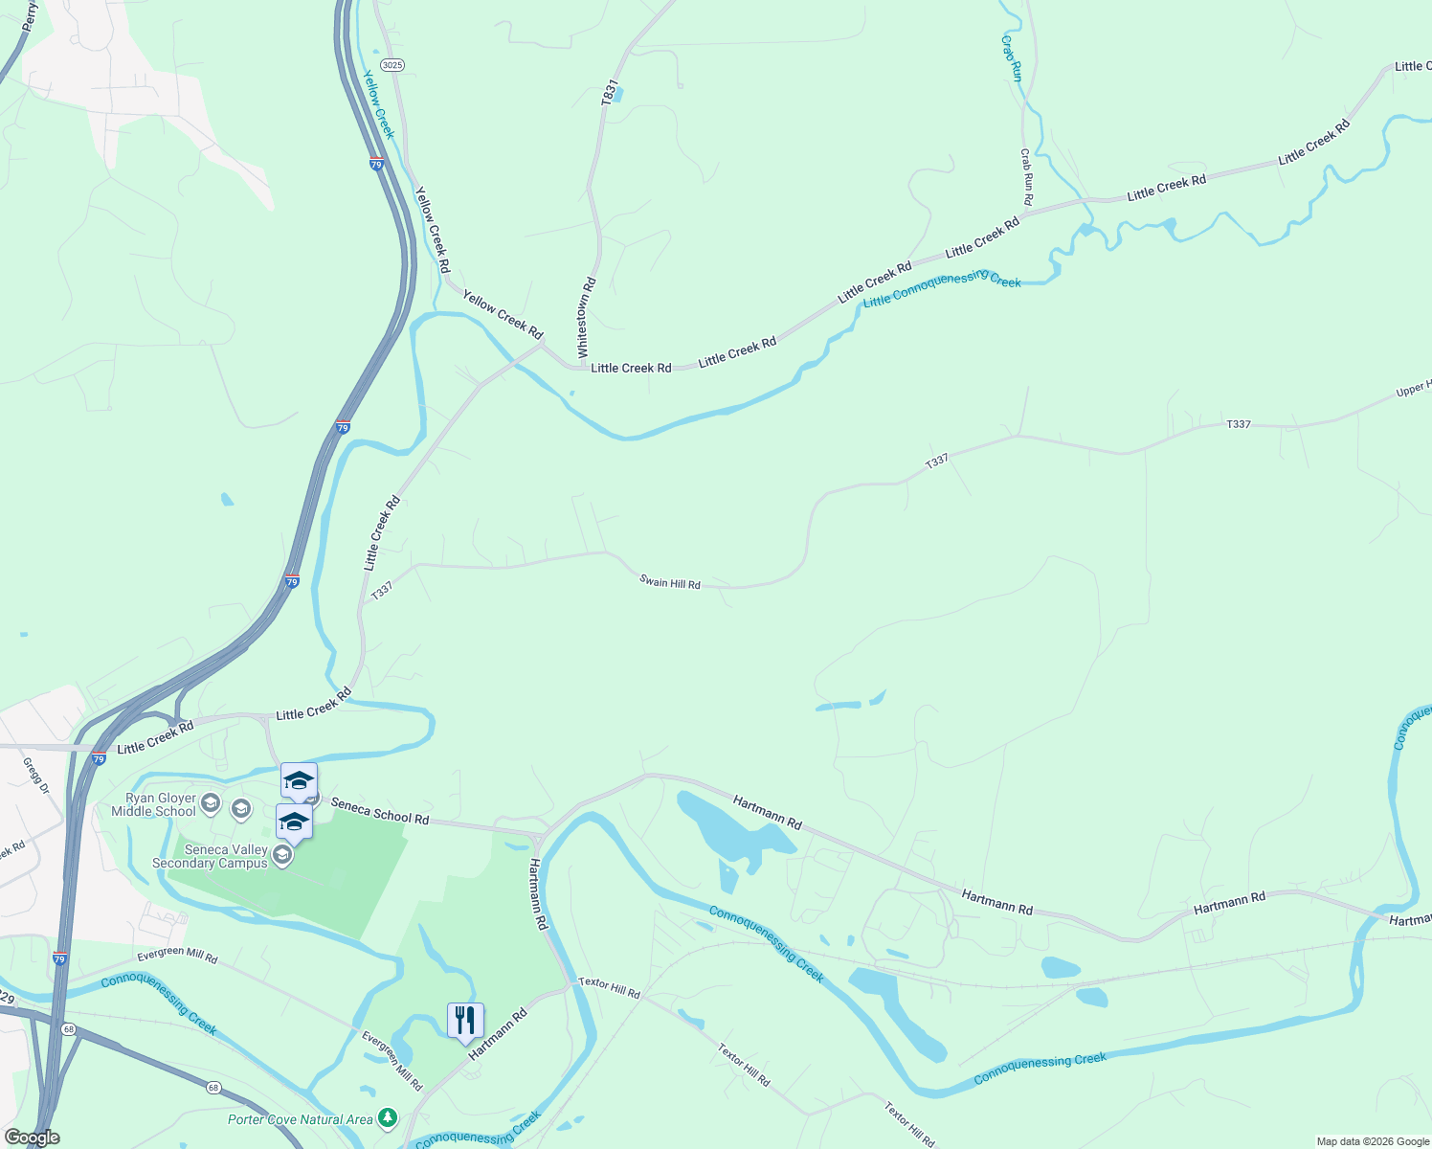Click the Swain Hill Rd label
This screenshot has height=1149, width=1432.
(x=670, y=583)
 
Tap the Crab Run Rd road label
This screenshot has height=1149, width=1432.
(x=1026, y=176)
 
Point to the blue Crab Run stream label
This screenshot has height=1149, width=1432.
(x=1012, y=58)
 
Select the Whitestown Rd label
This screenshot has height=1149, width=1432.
(x=586, y=318)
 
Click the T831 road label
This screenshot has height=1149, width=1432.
(x=608, y=92)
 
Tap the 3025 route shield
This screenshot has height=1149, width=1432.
(x=392, y=65)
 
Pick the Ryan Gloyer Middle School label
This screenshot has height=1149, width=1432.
(x=153, y=804)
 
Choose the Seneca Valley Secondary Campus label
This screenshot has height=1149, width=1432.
(x=210, y=856)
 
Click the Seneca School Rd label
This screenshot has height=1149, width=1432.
(x=380, y=811)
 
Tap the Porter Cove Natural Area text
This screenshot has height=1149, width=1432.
(x=301, y=1119)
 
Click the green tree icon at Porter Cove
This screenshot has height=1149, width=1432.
(x=388, y=1117)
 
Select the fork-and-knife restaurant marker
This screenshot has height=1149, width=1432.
(x=465, y=1021)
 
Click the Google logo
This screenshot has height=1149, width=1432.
(x=33, y=1138)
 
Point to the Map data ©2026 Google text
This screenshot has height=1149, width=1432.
(x=1373, y=1141)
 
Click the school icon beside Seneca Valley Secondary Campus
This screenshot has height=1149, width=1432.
(x=281, y=855)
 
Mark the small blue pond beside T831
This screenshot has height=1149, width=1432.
(x=617, y=95)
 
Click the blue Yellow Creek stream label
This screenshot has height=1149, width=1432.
(x=377, y=103)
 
